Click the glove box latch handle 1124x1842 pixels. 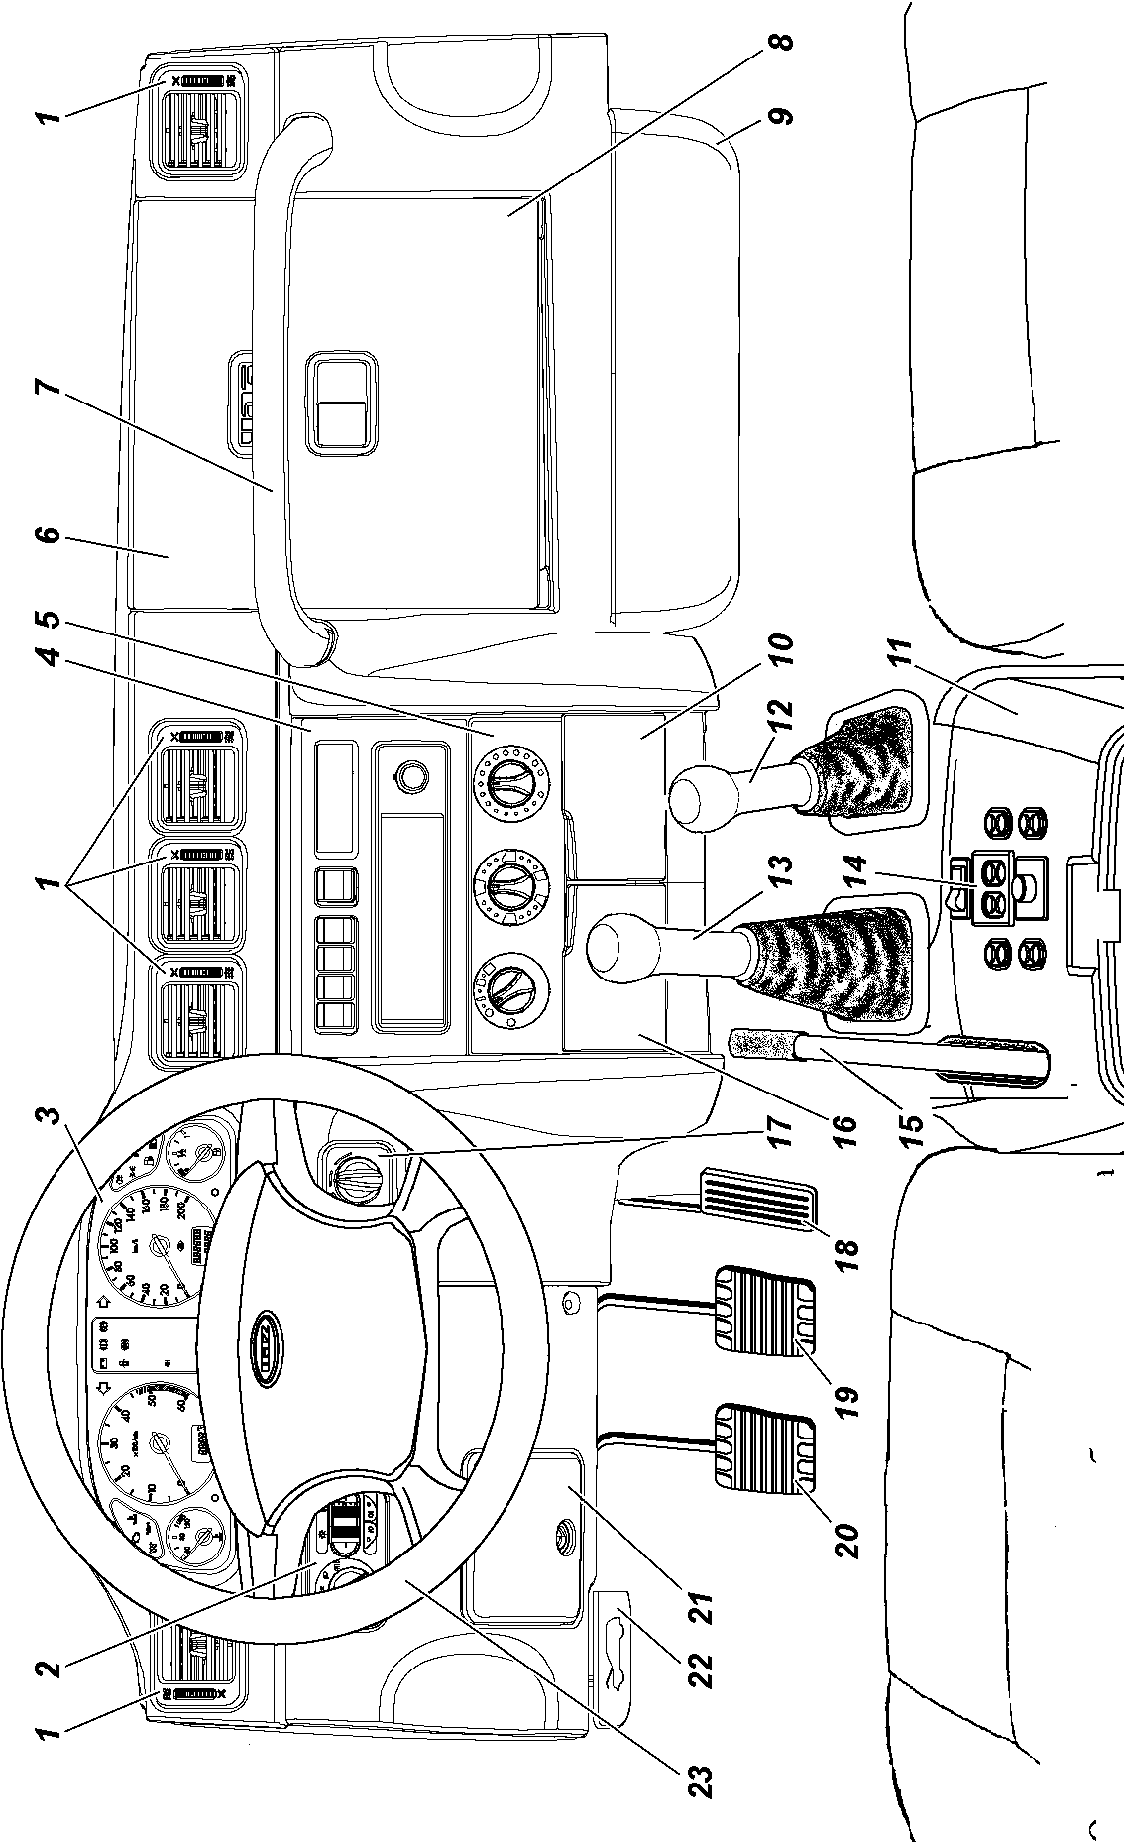pos(340,400)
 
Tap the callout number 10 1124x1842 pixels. pos(781,650)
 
